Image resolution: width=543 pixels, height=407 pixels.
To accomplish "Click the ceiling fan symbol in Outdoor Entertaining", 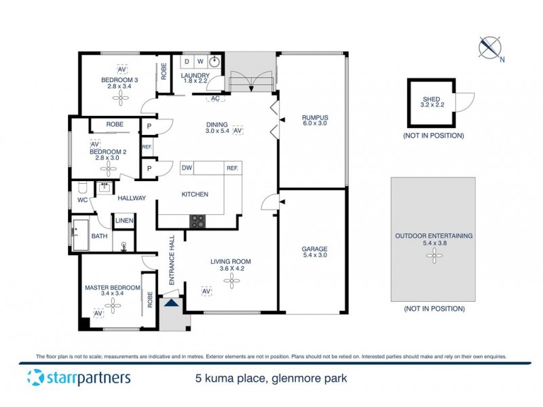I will pos(433,256).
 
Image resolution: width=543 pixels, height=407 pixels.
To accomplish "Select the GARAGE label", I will pos(314,249).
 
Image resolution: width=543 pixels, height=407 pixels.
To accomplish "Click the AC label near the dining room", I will pos(215,98).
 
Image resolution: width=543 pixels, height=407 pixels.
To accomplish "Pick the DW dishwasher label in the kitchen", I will pos(187,168).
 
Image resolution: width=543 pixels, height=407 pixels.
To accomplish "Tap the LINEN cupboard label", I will pos(124,221).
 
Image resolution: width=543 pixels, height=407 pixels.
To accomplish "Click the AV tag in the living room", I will pos(206,291).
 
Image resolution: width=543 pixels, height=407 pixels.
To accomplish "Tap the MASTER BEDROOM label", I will pos(112,288).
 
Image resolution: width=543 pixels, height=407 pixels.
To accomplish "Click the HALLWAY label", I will pos(132,198).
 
